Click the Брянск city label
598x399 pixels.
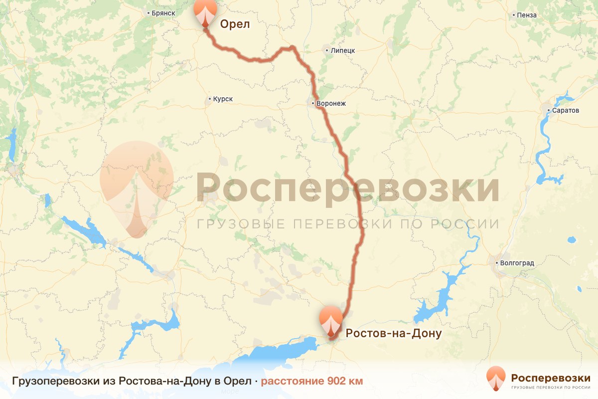[162, 13]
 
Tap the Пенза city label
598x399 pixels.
[527, 15]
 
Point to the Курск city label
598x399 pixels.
[223, 99]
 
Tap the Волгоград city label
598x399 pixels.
[518, 263]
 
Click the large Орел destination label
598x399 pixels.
[235, 24]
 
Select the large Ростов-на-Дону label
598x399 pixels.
[394, 333]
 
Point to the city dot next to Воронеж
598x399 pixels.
[312, 103]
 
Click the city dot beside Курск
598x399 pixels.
[209, 99]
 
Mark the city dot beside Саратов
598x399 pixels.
[548, 110]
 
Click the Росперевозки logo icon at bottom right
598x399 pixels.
[495, 378]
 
